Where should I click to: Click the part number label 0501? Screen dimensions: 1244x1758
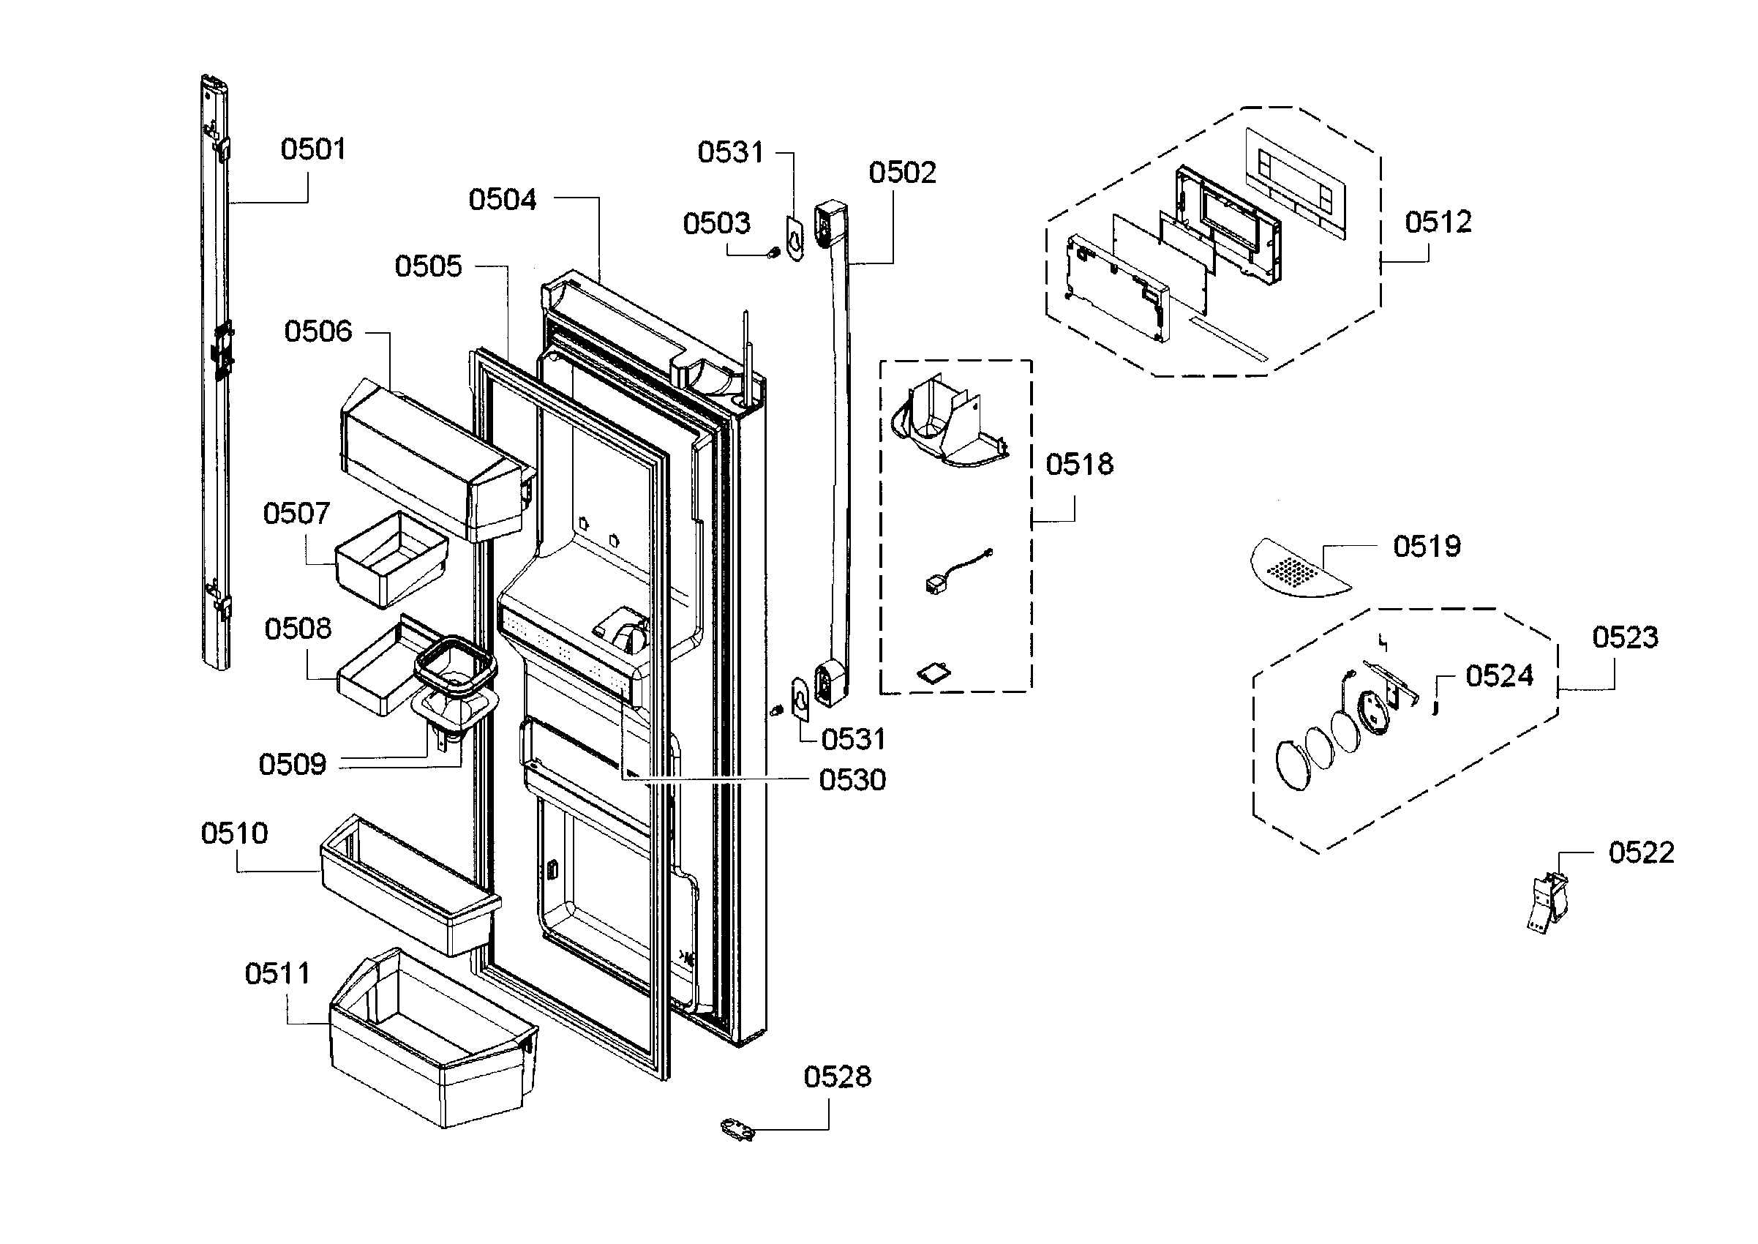[312, 149]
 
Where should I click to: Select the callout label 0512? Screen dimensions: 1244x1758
[1437, 222]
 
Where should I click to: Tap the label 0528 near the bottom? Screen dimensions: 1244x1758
[837, 1077]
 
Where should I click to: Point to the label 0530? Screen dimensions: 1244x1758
[852, 780]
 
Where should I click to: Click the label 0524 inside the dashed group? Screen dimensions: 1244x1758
[1498, 675]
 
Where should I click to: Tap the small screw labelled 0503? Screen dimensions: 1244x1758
[774, 251]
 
